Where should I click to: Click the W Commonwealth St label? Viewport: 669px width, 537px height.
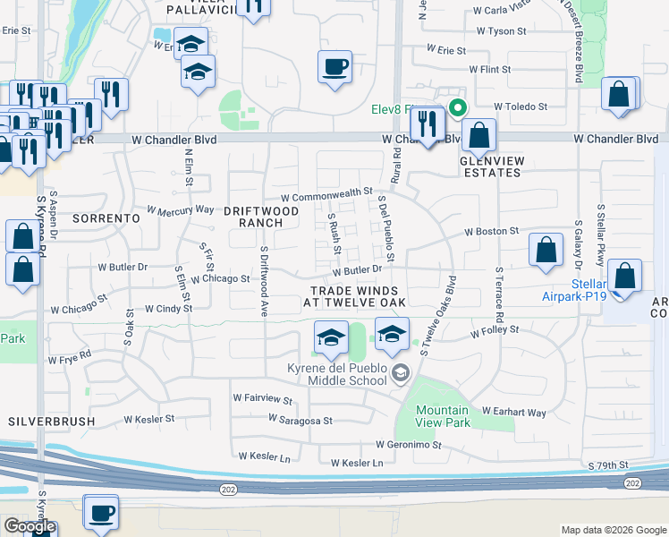(326, 193)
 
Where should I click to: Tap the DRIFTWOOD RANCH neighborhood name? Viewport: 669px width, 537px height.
(260, 217)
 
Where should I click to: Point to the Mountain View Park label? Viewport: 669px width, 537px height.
(444, 416)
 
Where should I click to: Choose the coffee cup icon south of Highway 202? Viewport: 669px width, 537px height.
(101, 513)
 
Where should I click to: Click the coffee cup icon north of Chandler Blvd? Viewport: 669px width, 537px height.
(334, 67)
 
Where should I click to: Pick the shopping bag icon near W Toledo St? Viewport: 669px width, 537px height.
(619, 95)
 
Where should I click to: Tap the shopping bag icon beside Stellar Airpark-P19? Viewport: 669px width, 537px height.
(625, 277)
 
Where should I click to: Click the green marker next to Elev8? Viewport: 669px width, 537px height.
(458, 109)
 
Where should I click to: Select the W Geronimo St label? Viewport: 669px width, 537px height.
(409, 445)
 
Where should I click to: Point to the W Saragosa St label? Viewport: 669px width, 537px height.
(301, 420)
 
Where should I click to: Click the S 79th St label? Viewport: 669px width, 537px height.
(609, 466)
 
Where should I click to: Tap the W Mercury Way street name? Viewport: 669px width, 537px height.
(174, 211)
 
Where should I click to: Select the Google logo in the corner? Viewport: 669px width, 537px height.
(30, 527)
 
